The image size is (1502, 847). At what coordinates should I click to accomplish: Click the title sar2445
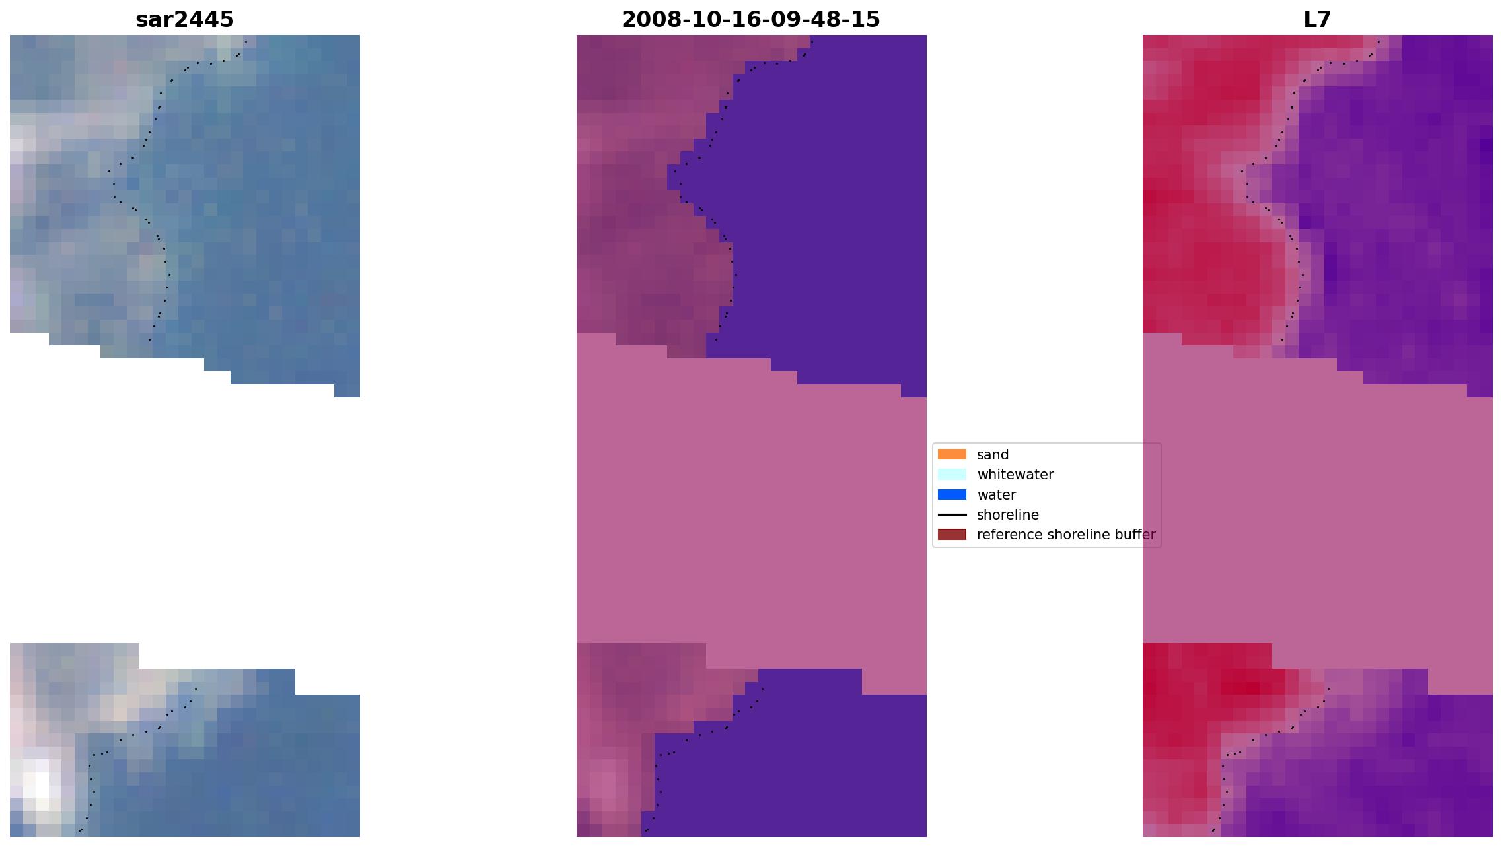184,20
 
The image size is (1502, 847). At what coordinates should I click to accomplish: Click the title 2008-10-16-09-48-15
751,20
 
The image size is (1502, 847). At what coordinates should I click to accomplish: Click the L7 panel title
1317,20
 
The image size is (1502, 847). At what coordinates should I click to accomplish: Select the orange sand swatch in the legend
952,454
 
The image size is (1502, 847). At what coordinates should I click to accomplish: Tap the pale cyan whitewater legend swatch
952,474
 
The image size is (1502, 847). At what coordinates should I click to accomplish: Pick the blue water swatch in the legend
952,494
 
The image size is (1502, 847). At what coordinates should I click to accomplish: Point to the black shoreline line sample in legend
952,514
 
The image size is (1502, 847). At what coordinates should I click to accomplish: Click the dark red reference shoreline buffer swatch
952,534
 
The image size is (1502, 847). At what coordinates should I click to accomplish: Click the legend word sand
993,455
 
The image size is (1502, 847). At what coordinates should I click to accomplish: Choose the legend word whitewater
1015,475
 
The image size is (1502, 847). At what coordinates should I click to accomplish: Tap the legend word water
996,495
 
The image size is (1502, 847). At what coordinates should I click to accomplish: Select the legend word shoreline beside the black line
1008,515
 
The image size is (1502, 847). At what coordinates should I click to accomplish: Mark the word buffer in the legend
1135,535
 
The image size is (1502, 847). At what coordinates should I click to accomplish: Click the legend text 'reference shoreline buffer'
1066,535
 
